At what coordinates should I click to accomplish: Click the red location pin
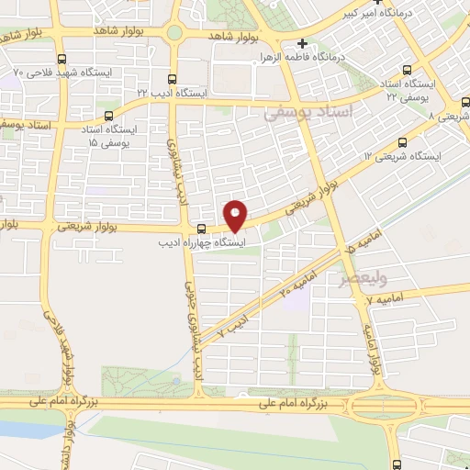point(236,215)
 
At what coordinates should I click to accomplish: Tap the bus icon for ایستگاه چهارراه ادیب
point(201,228)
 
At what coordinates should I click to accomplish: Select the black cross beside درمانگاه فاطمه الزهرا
point(302,43)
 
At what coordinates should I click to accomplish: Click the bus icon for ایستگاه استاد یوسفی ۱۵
point(109,116)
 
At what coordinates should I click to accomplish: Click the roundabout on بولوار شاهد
point(173,35)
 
